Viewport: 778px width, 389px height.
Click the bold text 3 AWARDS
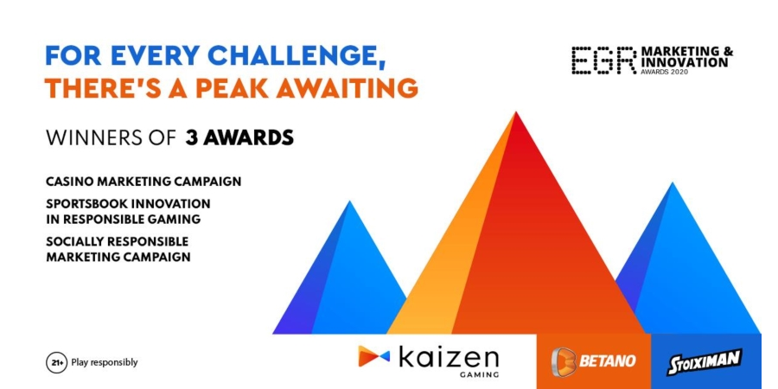tap(239, 138)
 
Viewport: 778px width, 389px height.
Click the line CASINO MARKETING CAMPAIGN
tap(143, 182)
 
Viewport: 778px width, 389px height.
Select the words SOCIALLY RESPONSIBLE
tap(117, 242)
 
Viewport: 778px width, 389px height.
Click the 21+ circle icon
tap(56, 363)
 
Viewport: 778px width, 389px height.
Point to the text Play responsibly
tap(105, 363)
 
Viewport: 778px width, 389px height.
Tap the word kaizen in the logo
tap(449, 356)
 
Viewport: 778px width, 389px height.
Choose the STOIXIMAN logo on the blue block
tap(704, 361)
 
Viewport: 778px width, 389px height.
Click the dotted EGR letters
tap(604, 61)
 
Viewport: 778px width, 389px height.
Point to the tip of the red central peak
tap(516, 112)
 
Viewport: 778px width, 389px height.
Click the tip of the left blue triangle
tap(350, 201)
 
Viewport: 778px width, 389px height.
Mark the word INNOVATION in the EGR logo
tap(685, 62)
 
